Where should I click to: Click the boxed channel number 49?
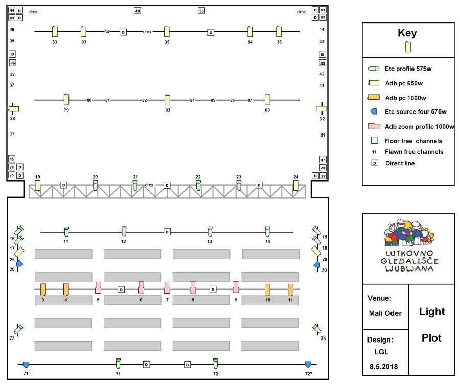click(137, 11)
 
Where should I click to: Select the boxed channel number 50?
click(201, 11)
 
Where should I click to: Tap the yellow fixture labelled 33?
click(55, 31)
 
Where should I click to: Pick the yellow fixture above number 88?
click(267, 99)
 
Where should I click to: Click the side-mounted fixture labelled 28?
click(13, 109)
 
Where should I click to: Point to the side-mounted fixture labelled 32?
click(321, 108)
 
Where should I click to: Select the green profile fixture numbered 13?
click(210, 231)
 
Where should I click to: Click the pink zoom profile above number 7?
click(167, 288)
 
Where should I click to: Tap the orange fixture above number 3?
click(43, 289)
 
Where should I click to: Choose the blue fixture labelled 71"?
click(26, 365)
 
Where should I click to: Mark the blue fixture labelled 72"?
click(308, 364)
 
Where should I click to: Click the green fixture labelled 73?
click(19, 329)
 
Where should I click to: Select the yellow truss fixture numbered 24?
click(296, 186)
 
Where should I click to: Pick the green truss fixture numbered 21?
click(135, 186)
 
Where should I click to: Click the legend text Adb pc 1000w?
click(405, 98)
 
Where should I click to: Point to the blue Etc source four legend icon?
click(374, 111)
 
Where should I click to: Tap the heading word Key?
click(407, 33)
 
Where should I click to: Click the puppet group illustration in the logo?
click(409, 233)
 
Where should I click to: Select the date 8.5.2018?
click(383, 367)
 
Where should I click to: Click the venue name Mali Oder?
click(385, 313)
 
